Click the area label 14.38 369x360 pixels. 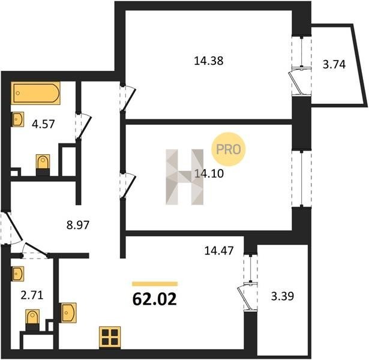coord(209,61)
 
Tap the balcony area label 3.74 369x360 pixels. coord(334,64)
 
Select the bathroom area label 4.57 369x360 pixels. coord(43,124)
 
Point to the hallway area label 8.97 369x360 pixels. coord(78,225)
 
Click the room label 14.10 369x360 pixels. coord(209,174)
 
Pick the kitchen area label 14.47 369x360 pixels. coord(219,250)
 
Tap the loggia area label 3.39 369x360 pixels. coord(283,296)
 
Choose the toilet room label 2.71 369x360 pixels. coord(32,295)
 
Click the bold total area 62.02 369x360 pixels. coord(154,299)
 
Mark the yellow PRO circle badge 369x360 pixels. coord(228,149)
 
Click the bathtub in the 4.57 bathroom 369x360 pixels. coord(35,93)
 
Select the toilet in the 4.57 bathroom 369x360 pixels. coord(43,165)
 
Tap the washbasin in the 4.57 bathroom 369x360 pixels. coord(18,119)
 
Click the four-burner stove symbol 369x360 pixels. coord(110,337)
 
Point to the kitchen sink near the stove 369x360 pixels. coord(68,313)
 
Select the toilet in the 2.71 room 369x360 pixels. coord(32,320)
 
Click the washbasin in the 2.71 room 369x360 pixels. coord(18,274)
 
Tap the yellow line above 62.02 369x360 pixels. coord(155,284)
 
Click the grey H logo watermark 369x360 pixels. coord(185,177)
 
